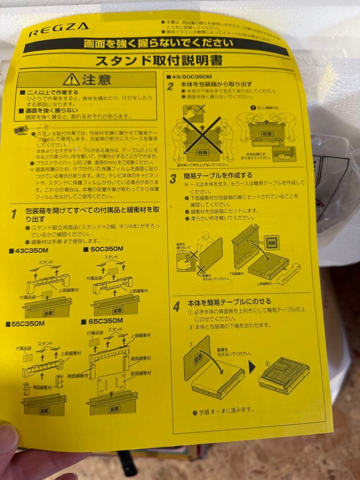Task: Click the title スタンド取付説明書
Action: pos(159,60)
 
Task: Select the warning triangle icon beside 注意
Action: pos(71,80)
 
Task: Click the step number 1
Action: pos(14,214)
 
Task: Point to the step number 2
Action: pos(170,86)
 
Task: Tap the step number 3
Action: pos(173,179)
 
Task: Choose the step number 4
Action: pos(176,306)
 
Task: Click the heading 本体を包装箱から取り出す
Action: pos(216,84)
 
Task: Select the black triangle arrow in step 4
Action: pos(251,368)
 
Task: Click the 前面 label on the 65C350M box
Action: pos(114,408)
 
